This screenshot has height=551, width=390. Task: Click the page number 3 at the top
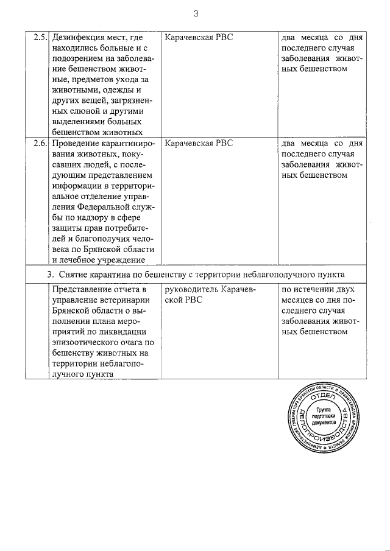click(x=196, y=13)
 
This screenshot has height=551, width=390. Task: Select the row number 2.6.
click(x=40, y=144)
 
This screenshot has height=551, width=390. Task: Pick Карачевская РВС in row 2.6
click(x=199, y=144)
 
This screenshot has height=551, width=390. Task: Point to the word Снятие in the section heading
click(x=79, y=275)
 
